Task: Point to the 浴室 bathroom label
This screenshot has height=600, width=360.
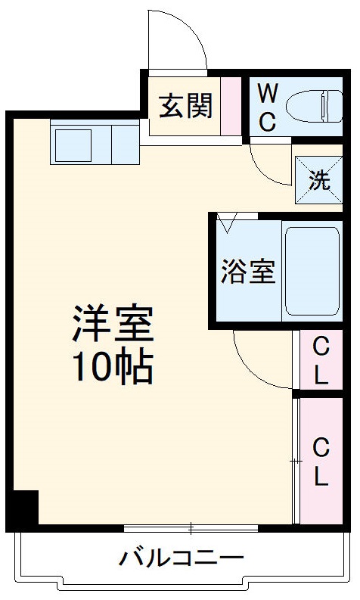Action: (247, 272)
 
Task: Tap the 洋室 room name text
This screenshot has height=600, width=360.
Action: (113, 325)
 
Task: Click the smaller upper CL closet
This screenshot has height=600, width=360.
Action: (321, 361)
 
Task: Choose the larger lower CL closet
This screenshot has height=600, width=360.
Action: (321, 462)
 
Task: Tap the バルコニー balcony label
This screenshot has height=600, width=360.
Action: (182, 559)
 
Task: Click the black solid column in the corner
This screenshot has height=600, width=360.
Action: (22, 508)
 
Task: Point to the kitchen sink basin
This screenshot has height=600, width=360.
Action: (71, 141)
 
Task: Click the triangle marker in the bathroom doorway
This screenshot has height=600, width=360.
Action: (227, 222)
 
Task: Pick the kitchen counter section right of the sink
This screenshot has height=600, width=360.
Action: (124, 141)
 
